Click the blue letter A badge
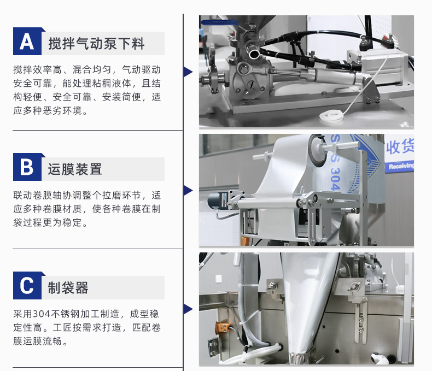[x=27, y=42]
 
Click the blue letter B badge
[x=27, y=167]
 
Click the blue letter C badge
[x=27, y=285]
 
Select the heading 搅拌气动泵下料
[x=96, y=44]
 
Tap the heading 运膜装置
[x=75, y=169]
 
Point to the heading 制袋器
[x=68, y=287]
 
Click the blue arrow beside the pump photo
[x=188, y=72]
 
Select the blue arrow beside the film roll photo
[x=188, y=190]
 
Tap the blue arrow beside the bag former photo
[x=188, y=309]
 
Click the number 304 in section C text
[x=42, y=314]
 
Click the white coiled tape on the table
[x=332, y=116]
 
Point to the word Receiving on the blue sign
[x=401, y=166]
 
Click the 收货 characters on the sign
[x=400, y=146]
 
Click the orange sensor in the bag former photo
[x=223, y=327]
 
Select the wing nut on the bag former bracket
[x=353, y=287]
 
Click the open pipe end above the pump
[x=253, y=52]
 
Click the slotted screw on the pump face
[x=252, y=85]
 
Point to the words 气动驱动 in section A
[x=141, y=69]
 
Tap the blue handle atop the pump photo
[x=219, y=22]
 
